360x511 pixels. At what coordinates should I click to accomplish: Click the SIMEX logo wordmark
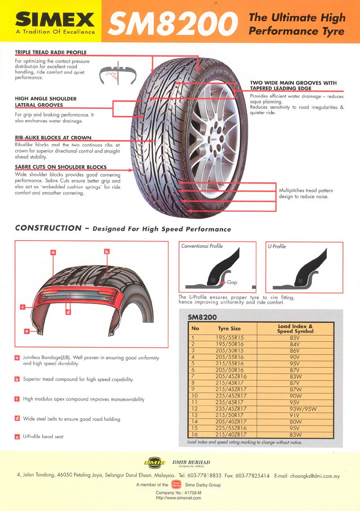tap(55, 19)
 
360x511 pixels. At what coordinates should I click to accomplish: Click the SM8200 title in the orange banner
tap(174, 24)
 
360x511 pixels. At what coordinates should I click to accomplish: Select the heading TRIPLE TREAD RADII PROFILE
tap(50, 53)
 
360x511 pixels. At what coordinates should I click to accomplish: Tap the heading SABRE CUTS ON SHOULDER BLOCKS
tap(61, 167)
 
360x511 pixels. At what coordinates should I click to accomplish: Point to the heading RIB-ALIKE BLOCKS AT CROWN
tap(53, 138)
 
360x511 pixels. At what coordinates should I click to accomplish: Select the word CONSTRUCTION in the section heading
tap(48, 228)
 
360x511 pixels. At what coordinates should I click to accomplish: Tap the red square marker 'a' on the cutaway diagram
tap(53, 253)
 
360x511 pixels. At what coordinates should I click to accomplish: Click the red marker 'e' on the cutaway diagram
tap(27, 332)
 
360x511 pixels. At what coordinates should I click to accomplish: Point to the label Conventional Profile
tap(202, 247)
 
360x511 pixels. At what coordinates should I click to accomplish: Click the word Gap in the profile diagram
tap(232, 282)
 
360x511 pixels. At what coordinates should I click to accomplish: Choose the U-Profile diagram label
tap(277, 247)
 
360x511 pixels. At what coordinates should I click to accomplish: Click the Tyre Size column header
tap(229, 329)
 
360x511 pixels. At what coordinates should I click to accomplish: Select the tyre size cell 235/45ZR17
tap(229, 408)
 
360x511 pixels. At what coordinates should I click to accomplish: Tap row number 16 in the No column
tap(195, 435)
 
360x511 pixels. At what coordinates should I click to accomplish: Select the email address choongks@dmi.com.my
tap(314, 475)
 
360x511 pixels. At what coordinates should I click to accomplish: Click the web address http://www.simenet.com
tap(179, 498)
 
